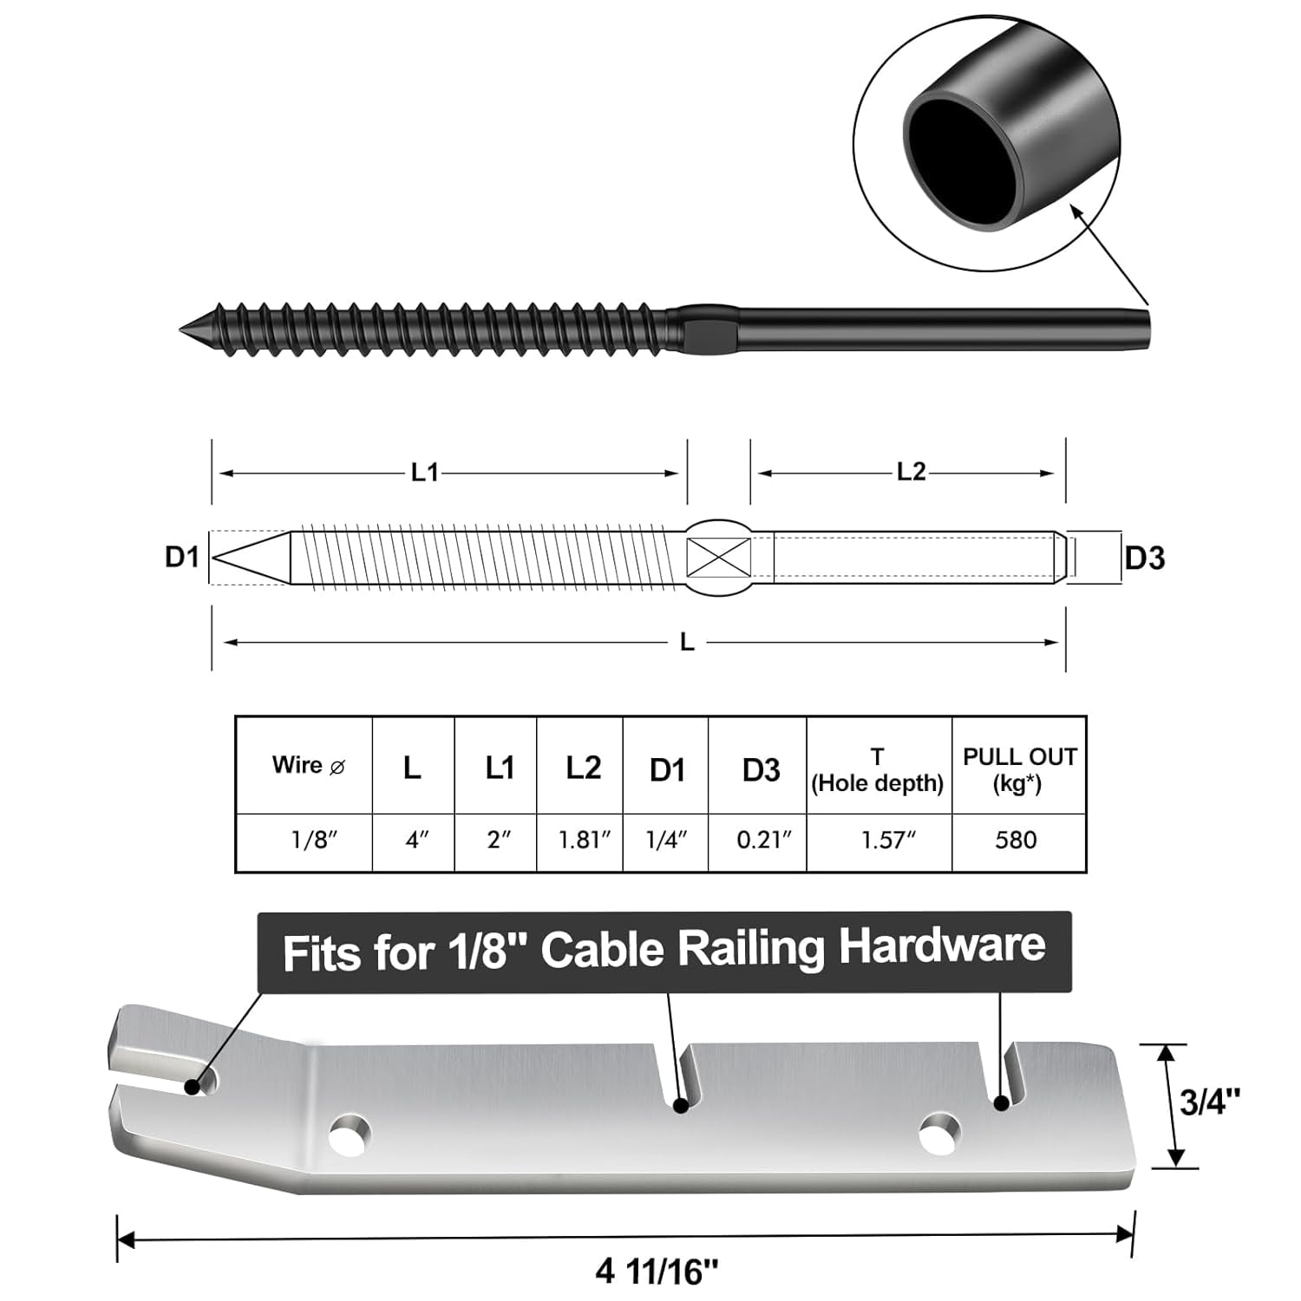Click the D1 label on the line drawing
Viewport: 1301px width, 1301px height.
pos(182,557)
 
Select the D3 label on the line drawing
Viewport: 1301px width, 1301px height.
pos(1144,559)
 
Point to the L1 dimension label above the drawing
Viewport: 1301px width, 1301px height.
pos(424,473)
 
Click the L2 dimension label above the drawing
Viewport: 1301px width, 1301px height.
pos(911,472)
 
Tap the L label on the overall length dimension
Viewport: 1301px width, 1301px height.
pos(687,642)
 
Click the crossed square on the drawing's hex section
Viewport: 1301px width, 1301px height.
pos(718,558)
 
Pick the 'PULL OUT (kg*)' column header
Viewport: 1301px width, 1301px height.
pos(1019,768)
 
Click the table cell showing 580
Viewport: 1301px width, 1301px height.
pos(1016,840)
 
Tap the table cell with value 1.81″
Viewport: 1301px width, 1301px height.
pos(584,840)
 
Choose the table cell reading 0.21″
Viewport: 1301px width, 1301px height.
pos(763,840)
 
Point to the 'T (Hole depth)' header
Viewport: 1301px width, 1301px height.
pos(877,770)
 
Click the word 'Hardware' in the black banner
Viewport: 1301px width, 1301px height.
pos(942,945)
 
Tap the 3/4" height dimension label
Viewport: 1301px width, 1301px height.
pos(1209,1102)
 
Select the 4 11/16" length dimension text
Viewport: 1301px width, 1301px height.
pos(657,1272)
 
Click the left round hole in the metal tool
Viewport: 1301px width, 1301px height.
pos(350,1134)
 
